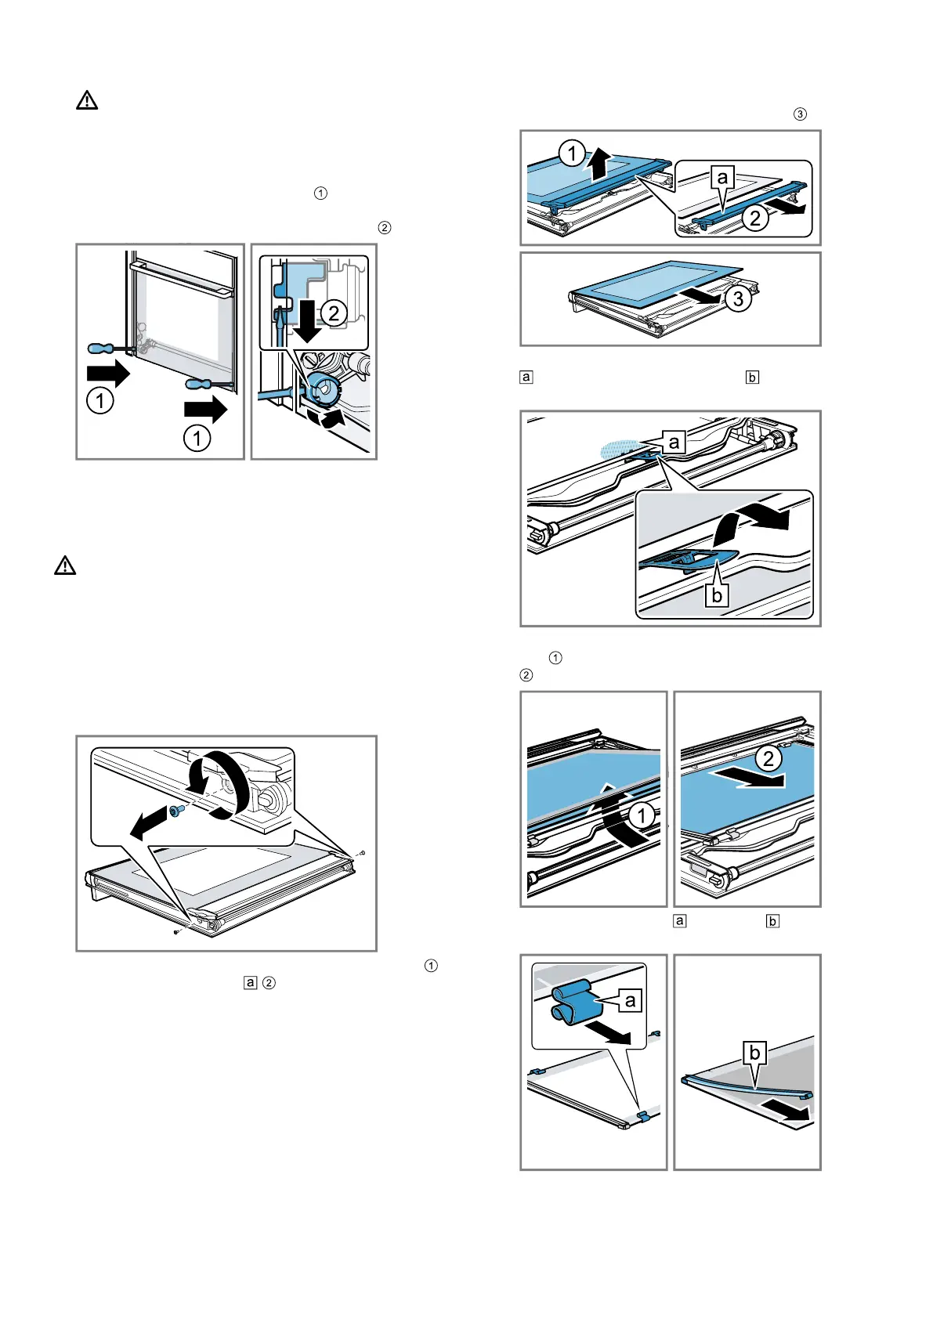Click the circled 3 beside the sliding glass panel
click(x=738, y=298)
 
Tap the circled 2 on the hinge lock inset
click(x=334, y=313)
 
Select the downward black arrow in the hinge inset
click(x=308, y=321)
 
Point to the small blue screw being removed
click(x=177, y=811)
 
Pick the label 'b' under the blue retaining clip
click(x=716, y=594)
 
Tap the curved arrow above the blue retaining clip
click(x=748, y=526)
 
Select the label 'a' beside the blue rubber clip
click(x=630, y=1000)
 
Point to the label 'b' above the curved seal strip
click(x=754, y=1053)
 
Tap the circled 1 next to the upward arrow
click(x=572, y=153)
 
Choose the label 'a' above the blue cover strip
click(x=722, y=177)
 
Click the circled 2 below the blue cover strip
click(x=755, y=218)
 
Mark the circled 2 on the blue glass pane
click(x=768, y=757)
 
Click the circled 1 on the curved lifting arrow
click(x=642, y=815)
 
